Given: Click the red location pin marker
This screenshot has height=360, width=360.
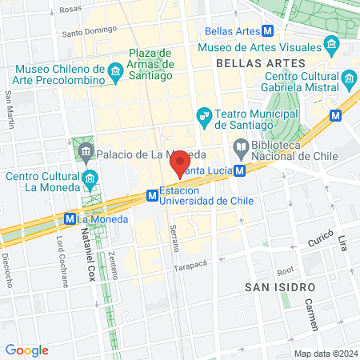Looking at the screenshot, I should click(x=180, y=162).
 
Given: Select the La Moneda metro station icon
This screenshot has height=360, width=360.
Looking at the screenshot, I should click(x=70, y=218).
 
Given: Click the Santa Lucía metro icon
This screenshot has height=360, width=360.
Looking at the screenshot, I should click(x=239, y=170).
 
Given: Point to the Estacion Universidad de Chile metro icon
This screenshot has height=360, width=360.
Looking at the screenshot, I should click(x=150, y=194).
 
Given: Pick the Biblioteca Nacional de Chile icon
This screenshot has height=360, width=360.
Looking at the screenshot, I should click(x=240, y=147).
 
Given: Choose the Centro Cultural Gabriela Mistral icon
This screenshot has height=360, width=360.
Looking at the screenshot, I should click(x=348, y=79).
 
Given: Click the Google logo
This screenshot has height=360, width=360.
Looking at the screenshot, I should click(x=26, y=350).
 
